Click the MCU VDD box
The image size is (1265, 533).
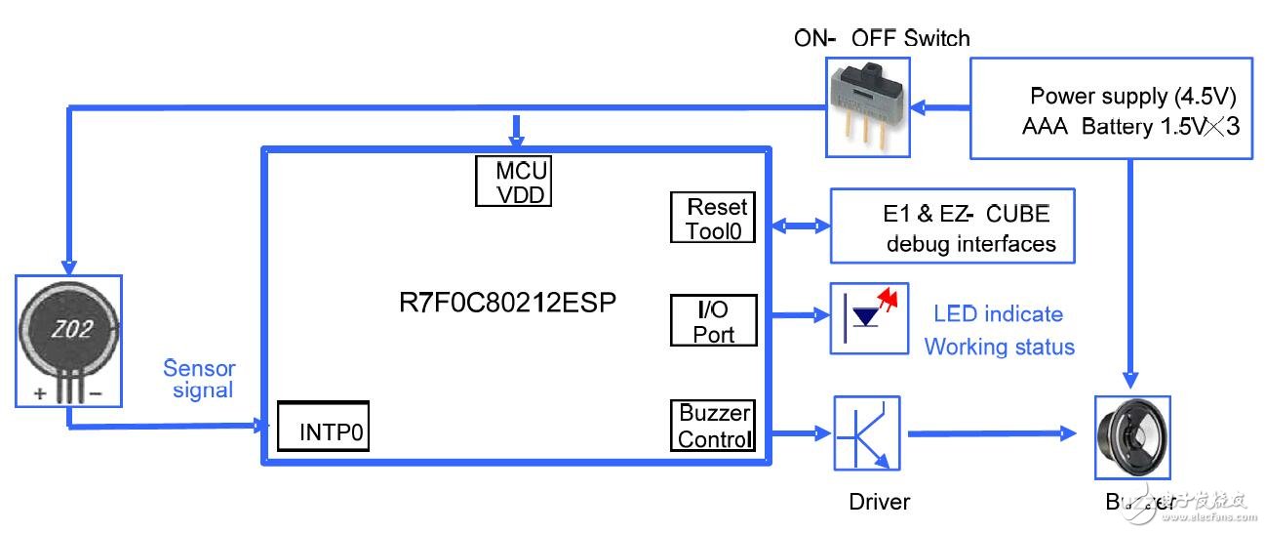tap(514, 182)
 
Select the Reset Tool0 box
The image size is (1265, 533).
tap(713, 218)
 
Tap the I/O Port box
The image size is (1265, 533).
tap(713, 320)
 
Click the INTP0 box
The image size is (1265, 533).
tap(323, 426)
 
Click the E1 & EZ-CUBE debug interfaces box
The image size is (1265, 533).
tap(952, 225)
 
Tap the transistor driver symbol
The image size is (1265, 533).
tap(867, 432)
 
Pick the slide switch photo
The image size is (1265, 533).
tap(868, 106)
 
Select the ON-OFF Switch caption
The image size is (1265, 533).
tap(882, 39)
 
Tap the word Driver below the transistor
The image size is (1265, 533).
tap(879, 502)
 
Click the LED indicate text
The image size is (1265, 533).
tap(998, 314)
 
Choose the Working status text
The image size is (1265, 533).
tap(999, 347)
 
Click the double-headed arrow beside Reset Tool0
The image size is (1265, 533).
tap(800, 226)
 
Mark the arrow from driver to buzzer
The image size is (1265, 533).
tap(985, 433)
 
